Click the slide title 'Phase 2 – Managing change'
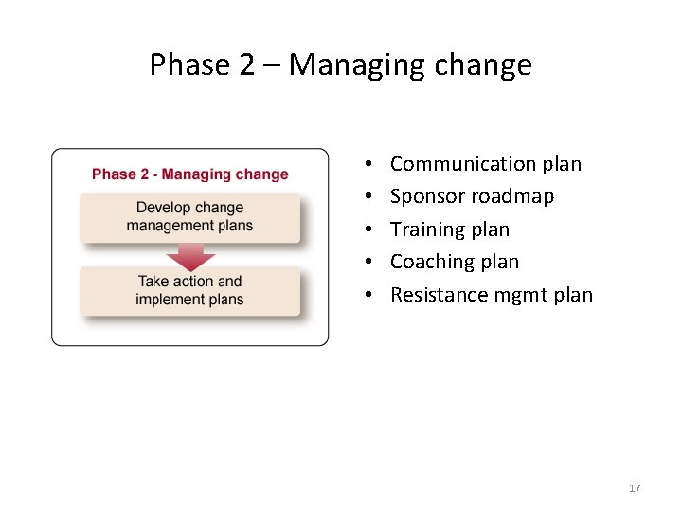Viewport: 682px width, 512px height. (x=341, y=64)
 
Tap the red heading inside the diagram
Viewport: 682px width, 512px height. (x=189, y=174)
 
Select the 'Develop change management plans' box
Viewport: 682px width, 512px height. (x=189, y=217)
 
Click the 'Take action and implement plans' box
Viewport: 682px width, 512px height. (x=189, y=290)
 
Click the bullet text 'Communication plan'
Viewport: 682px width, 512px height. (x=485, y=164)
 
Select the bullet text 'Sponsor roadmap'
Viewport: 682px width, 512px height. (x=472, y=196)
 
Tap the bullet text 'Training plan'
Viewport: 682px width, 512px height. (x=449, y=229)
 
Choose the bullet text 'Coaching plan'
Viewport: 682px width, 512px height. (x=454, y=262)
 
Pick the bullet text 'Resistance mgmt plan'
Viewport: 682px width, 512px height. (x=491, y=295)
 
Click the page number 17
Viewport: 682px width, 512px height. (x=635, y=488)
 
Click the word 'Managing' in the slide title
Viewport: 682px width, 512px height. (x=347, y=64)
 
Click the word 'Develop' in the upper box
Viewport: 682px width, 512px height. (x=163, y=208)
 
